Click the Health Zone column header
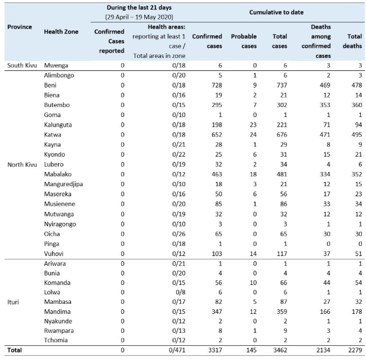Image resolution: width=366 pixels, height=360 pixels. click(61, 31)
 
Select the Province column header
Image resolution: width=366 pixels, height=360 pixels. click(19, 27)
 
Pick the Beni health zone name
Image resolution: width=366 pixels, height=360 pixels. click(51, 86)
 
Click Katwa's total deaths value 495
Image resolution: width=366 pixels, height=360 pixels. click(355, 135)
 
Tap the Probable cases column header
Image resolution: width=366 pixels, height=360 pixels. click(244, 41)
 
